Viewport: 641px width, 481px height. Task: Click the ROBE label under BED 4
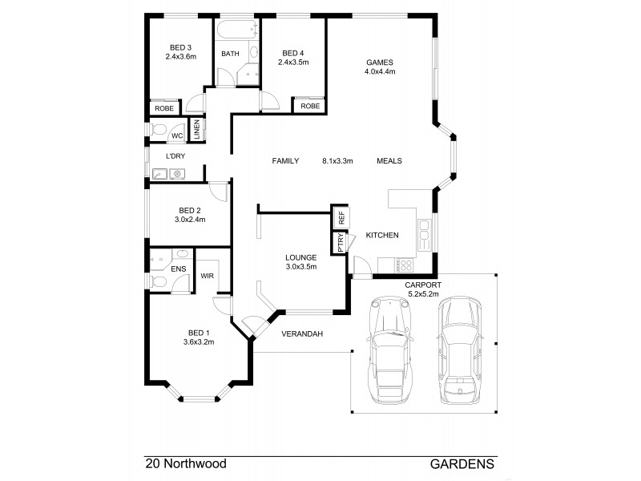310,106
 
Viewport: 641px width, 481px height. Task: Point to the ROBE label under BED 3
164,107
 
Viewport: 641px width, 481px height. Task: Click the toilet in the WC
159,130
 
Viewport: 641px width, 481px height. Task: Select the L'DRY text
176,156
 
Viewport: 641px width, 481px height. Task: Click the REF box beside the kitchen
341,217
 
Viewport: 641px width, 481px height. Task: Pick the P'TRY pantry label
341,244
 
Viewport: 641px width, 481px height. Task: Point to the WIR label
207,276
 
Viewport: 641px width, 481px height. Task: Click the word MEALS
389,160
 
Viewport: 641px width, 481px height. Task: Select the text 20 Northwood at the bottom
186,463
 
